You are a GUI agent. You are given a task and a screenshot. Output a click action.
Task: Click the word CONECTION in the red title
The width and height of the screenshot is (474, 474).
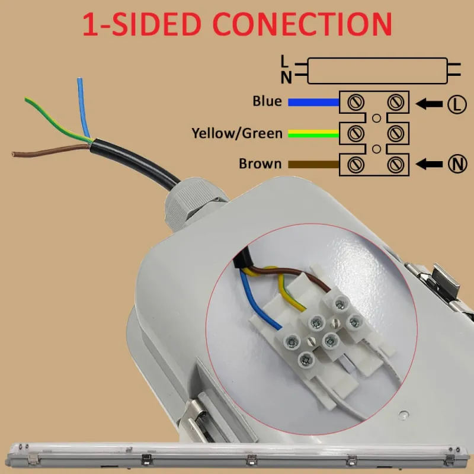303,25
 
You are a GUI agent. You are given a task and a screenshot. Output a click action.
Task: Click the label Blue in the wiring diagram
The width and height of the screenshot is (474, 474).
267,101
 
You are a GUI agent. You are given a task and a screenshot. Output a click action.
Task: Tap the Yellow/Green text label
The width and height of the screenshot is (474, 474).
237,133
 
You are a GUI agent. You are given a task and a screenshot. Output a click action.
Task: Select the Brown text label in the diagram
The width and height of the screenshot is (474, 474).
260,164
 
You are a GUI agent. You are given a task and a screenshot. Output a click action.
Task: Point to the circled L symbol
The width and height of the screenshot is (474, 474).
456,104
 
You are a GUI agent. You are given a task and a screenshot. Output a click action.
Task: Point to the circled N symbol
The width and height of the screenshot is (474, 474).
456,164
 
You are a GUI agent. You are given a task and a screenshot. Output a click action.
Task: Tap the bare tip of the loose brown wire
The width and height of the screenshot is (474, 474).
14,155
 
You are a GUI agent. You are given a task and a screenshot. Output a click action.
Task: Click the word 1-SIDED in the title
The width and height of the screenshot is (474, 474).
143,25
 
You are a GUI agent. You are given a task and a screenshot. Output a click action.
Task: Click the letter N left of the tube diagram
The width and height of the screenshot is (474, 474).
285,76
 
